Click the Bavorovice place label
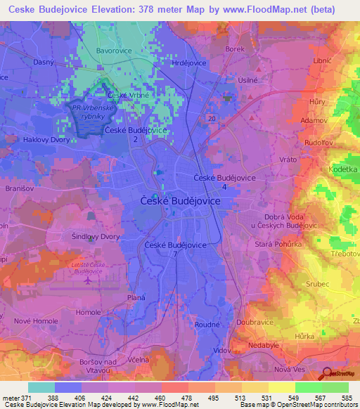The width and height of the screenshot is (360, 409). click(x=113, y=52)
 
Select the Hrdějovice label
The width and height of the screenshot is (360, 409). click(x=189, y=63)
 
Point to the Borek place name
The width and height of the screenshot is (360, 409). click(x=235, y=49)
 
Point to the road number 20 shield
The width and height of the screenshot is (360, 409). click(x=212, y=119)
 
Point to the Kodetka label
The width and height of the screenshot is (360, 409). click(x=343, y=170)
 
